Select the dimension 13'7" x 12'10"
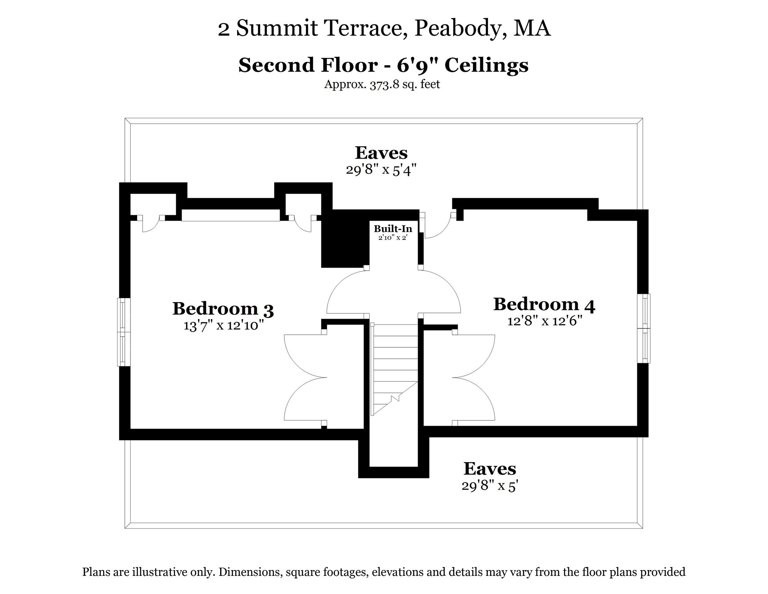click(x=223, y=326)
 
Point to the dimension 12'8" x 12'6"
click(x=544, y=321)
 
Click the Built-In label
click(x=393, y=229)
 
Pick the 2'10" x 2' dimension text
click(x=393, y=237)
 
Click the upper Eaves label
click(x=381, y=153)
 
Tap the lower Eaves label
click(x=489, y=469)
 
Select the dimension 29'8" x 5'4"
click(x=381, y=170)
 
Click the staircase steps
click(x=395, y=364)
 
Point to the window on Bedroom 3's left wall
click(x=124, y=332)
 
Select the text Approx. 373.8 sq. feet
click(x=382, y=84)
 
